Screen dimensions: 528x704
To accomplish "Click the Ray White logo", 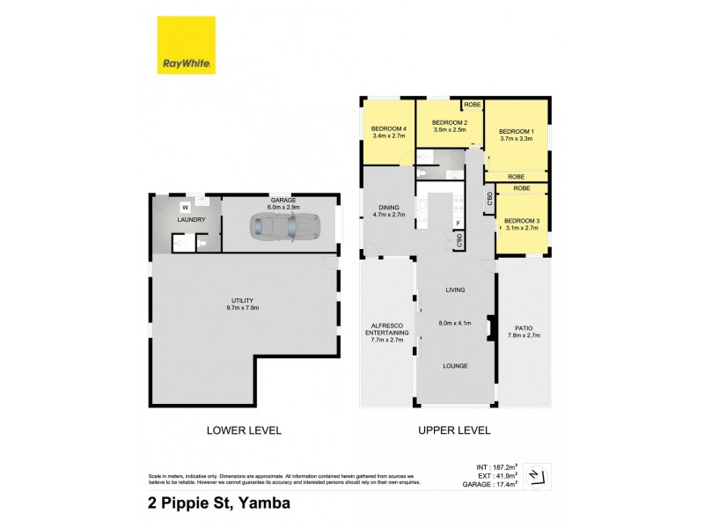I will point(187,45).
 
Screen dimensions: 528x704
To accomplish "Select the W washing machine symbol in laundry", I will point(185,209).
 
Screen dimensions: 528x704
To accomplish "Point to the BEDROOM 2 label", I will point(449,122).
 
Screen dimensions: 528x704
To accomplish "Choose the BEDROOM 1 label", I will point(516,129).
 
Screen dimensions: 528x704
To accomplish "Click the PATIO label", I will point(525,327).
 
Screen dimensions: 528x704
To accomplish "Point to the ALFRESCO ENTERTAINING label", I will point(385,329).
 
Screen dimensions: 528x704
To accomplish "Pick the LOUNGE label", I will point(455,365).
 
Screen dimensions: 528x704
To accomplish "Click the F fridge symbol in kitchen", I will point(458,224).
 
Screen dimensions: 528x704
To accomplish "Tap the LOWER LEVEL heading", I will point(244,430).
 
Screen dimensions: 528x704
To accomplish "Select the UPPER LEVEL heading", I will point(455,430).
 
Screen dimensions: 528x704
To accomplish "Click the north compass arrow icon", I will point(542,474).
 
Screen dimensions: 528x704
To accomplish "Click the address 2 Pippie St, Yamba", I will point(218,504).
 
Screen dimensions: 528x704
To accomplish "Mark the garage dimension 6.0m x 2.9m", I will point(282,207).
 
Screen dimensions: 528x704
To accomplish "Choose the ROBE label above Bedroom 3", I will point(522,188).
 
